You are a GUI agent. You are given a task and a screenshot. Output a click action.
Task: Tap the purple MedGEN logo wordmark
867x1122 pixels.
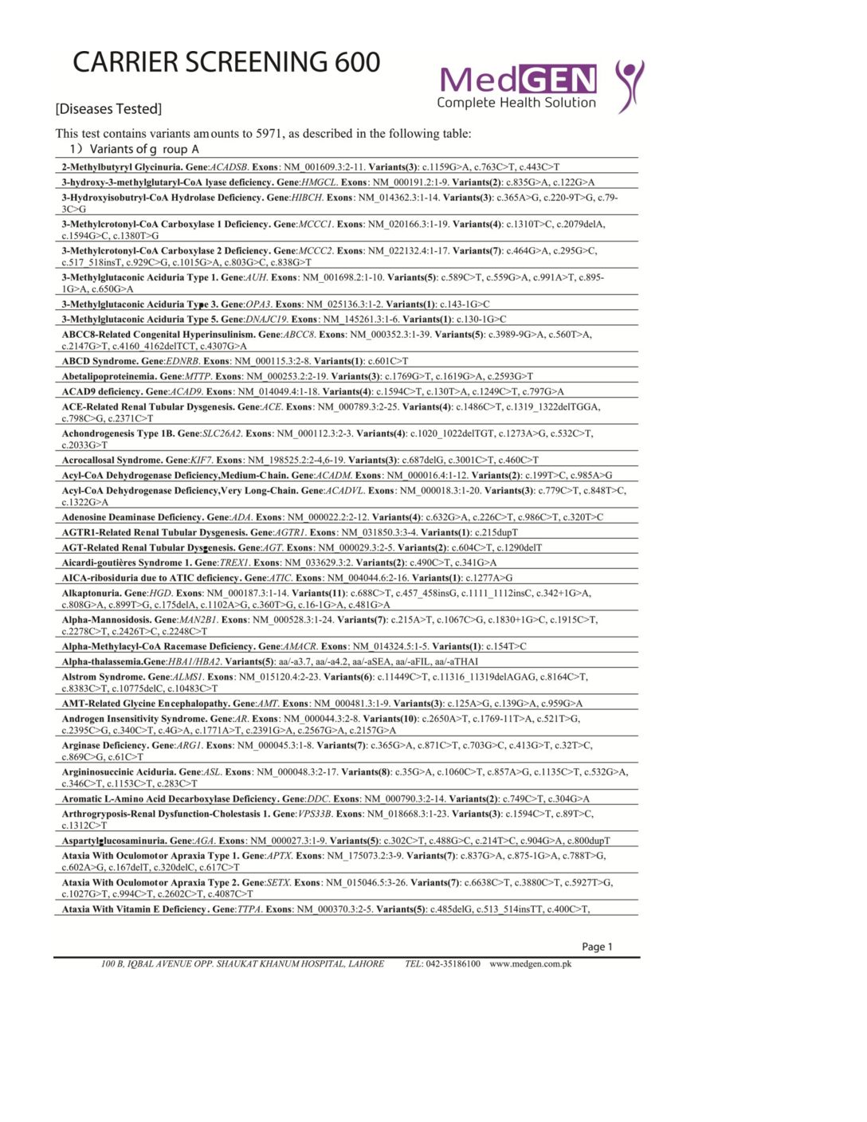click(517, 80)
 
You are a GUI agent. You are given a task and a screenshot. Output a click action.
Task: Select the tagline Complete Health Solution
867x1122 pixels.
click(516, 103)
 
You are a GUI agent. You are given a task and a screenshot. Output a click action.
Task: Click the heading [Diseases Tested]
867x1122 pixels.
click(108, 109)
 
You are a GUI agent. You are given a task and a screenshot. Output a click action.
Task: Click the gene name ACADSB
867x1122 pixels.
click(229, 167)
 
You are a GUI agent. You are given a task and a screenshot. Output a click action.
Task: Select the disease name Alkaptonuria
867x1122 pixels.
click(92, 593)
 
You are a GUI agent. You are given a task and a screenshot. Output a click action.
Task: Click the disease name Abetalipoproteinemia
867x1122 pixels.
click(108, 376)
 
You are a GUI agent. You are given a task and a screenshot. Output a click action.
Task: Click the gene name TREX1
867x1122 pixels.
click(234, 563)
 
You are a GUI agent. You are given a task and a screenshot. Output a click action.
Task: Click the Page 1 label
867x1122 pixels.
click(597, 947)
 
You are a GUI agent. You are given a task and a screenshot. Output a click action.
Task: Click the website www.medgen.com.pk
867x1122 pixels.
click(531, 964)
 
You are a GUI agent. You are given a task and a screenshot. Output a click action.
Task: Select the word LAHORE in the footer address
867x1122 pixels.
click(366, 964)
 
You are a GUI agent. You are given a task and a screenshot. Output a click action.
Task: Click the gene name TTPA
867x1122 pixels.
click(249, 909)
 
